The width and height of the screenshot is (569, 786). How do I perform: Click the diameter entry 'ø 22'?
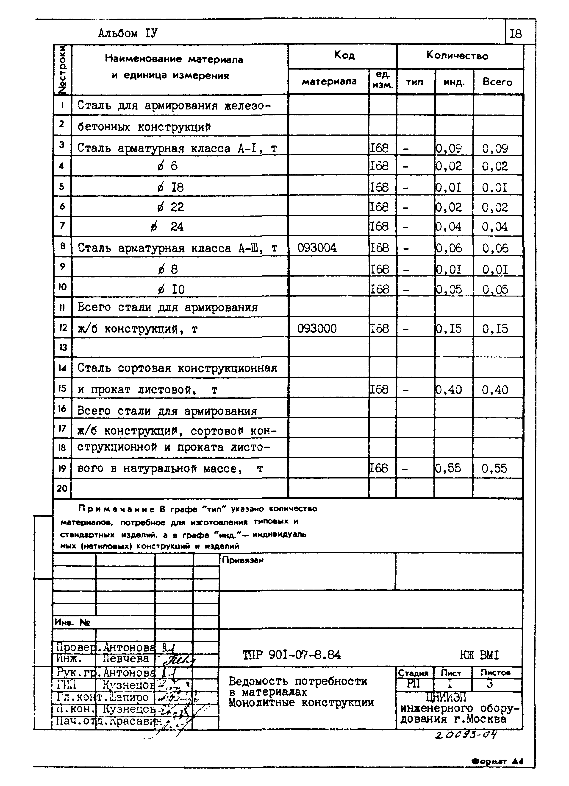point(170,207)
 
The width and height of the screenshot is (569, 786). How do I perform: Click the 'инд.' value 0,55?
point(449,468)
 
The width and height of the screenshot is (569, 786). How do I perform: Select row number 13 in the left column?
point(62,347)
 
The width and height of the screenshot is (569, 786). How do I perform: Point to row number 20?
point(62,488)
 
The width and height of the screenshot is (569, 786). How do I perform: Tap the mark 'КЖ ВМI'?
point(479,655)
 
